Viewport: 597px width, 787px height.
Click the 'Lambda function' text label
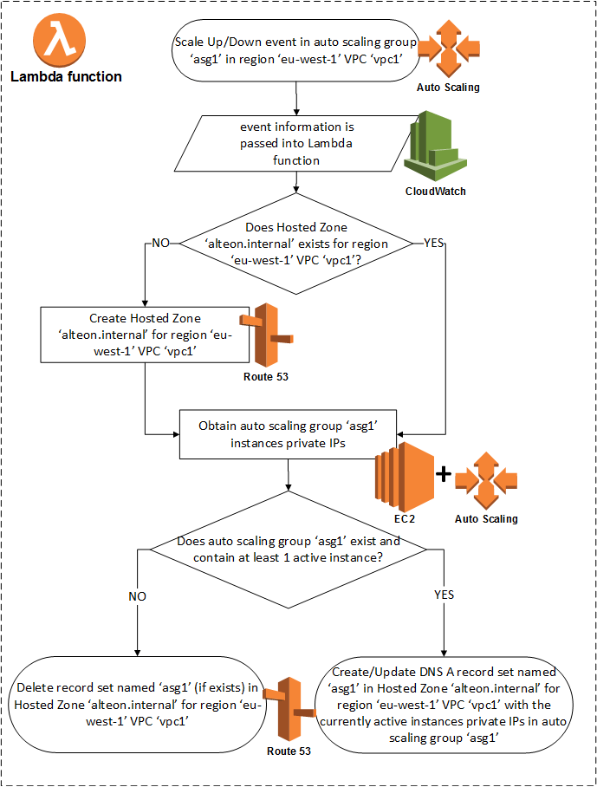click(x=66, y=77)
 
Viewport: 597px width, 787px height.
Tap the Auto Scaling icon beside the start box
click(x=447, y=48)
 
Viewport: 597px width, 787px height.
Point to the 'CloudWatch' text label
click(x=435, y=192)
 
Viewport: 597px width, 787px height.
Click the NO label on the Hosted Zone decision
click(x=161, y=244)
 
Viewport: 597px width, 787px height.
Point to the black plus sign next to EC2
click(x=443, y=474)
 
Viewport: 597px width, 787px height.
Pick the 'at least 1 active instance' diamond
click(x=289, y=550)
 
